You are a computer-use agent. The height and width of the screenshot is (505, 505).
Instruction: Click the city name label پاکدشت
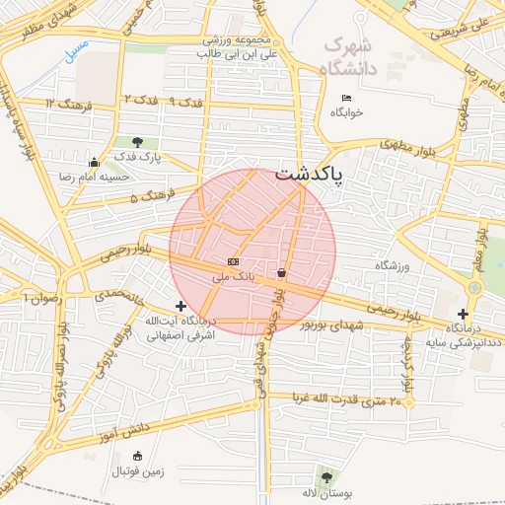(310, 176)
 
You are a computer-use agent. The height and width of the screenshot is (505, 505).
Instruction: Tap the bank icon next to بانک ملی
(233, 261)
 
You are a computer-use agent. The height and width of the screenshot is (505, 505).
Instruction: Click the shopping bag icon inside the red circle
(282, 272)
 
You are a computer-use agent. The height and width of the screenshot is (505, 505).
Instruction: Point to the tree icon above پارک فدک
(137, 142)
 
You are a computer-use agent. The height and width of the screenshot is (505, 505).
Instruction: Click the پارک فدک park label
(137, 157)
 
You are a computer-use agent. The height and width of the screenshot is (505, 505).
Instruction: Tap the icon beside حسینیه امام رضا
(94, 163)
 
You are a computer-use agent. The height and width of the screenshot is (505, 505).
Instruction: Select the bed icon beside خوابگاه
(345, 98)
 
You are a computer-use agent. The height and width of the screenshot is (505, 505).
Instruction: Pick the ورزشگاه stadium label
(392, 266)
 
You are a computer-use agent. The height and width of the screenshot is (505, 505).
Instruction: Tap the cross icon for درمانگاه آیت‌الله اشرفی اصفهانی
(180, 307)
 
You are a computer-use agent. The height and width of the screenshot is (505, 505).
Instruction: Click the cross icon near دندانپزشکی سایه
(463, 314)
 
